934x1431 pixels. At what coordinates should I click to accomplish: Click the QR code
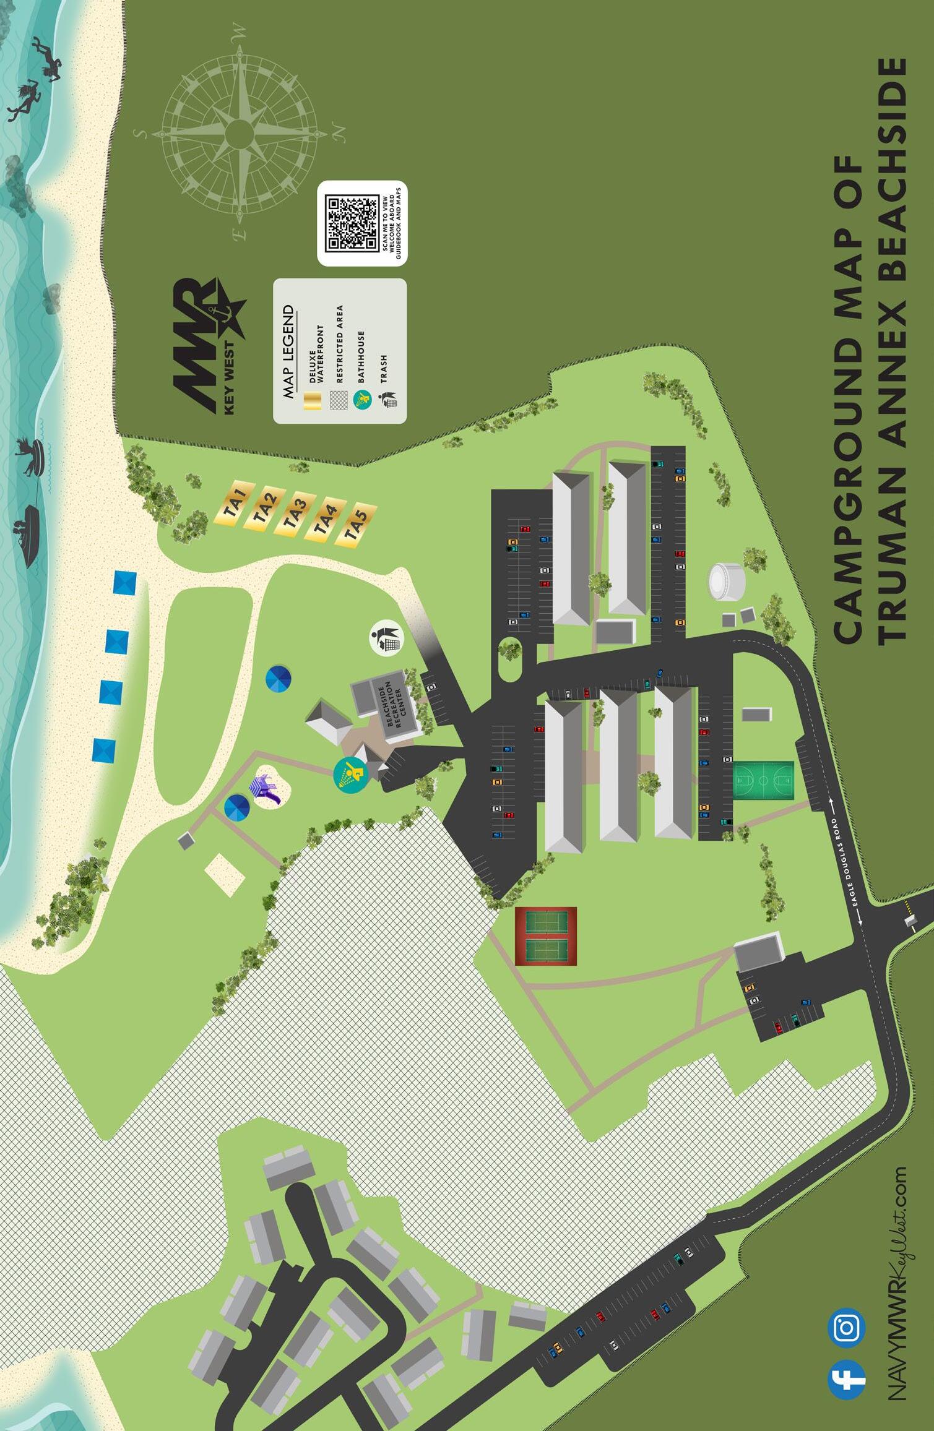tap(352, 223)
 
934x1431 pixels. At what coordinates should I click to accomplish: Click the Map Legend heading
tap(287, 351)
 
